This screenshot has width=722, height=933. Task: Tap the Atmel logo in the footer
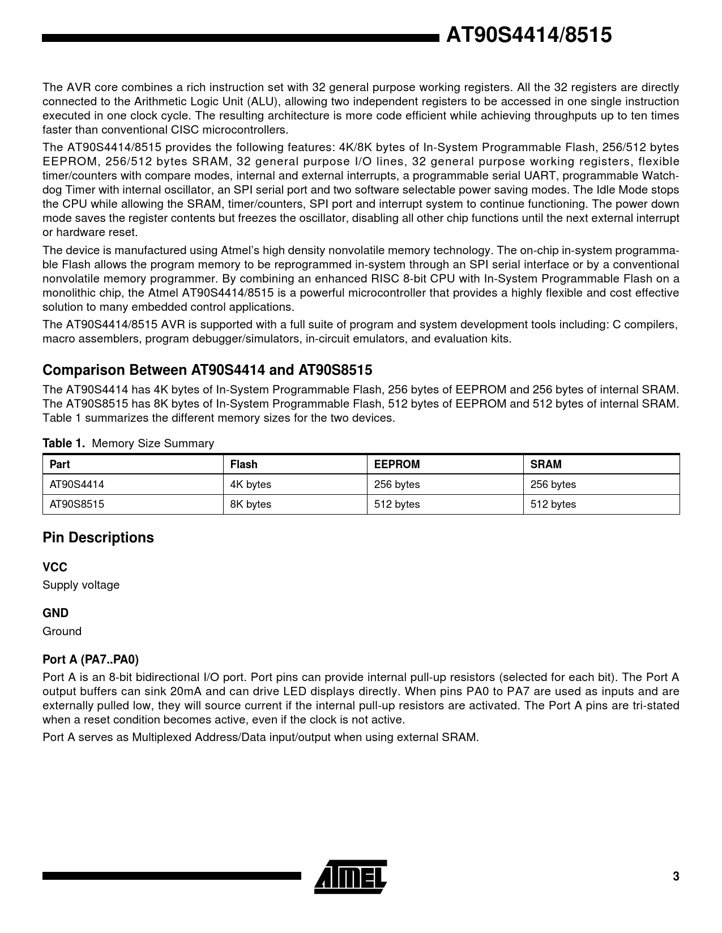(x=351, y=877)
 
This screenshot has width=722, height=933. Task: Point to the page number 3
(x=676, y=876)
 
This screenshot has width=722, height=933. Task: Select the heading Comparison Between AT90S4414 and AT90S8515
(x=207, y=370)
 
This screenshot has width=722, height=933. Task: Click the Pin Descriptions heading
(x=98, y=537)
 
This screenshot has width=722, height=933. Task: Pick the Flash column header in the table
(x=243, y=464)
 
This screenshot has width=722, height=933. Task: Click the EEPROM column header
(x=397, y=464)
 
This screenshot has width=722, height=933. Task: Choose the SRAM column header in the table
(x=545, y=464)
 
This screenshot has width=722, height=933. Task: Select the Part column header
(x=59, y=464)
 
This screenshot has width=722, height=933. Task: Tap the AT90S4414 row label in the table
(x=77, y=485)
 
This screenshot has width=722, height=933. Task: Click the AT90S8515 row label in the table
(x=77, y=504)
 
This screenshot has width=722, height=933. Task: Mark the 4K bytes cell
(x=250, y=485)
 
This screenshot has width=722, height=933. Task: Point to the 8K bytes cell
(x=250, y=504)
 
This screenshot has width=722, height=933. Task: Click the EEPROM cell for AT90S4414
(x=397, y=485)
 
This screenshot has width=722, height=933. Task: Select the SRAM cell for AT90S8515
(x=553, y=504)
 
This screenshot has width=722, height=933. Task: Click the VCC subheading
(x=54, y=567)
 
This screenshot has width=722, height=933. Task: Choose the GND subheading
(x=55, y=613)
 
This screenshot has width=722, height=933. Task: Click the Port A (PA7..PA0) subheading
(x=91, y=660)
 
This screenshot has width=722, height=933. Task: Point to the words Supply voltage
(x=81, y=585)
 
